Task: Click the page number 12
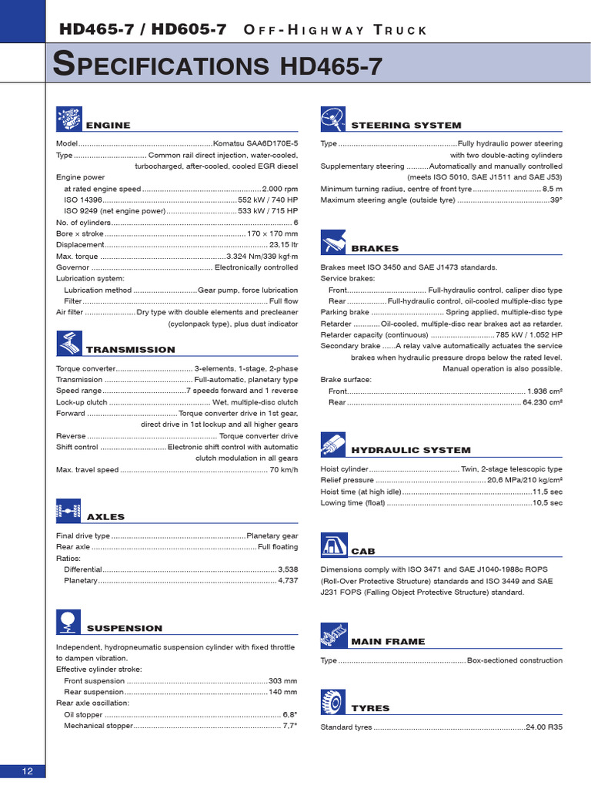27,771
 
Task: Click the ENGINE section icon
68,119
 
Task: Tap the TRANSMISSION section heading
130,350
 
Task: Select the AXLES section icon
68,511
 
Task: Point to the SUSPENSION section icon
68,622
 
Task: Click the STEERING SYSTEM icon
333,119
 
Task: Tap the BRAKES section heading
375,249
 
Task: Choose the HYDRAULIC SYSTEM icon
333,445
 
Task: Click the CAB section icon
333,546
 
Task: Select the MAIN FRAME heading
388,641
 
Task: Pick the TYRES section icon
333,702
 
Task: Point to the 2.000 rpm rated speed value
280,189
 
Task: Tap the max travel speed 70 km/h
283,469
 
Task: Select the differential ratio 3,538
287,569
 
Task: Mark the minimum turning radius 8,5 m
552,189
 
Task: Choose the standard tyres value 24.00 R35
543,728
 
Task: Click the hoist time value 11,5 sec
547,491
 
